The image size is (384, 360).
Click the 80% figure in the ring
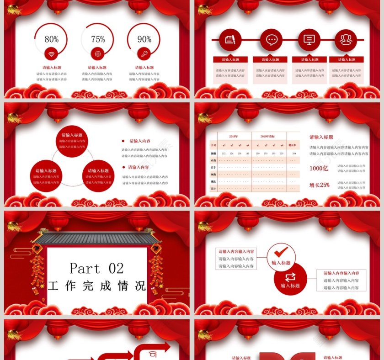[x=51, y=39]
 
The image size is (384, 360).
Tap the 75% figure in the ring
[x=98, y=39]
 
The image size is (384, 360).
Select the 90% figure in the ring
[x=144, y=39]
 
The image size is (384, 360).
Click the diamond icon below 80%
[x=51, y=54]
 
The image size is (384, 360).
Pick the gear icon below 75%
[x=98, y=54]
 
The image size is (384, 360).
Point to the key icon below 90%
[x=144, y=54]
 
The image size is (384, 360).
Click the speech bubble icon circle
[x=271, y=40]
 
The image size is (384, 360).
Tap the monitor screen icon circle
[x=309, y=40]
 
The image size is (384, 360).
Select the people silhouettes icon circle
[x=346, y=40]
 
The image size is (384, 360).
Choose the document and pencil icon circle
[x=230, y=40]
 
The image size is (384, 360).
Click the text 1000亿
[x=319, y=168]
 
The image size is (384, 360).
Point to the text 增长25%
[x=319, y=185]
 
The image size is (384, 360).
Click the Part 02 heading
[x=96, y=268]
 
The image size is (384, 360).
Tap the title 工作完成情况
[x=96, y=286]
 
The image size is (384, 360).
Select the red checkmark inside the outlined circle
[x=281, y=252]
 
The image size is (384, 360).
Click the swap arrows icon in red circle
[x=290, y=277]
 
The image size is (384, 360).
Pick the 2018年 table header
[x=233, y=136]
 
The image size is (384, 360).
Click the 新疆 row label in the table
[x=213, y=153]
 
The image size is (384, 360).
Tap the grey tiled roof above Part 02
[x=97, y=238]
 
